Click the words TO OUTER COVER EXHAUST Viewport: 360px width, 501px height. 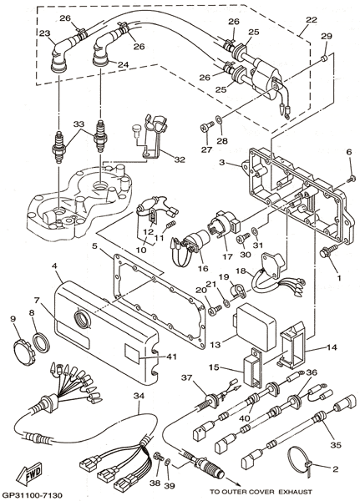[x=261, y=492]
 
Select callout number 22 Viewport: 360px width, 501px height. [x=311, y=20]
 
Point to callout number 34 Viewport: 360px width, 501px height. [x=139, y=397]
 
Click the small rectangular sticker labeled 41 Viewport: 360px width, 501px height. [x=132, y=354]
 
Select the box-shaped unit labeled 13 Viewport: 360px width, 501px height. [x=255, y=326]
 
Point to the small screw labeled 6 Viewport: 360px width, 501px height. [x=352, y=176]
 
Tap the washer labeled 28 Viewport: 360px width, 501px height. [x=219, y=120]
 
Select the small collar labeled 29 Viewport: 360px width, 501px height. [x=325, y=58]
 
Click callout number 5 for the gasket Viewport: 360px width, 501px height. [x=94, y=246]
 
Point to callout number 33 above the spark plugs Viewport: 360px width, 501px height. [x=80, y=124]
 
